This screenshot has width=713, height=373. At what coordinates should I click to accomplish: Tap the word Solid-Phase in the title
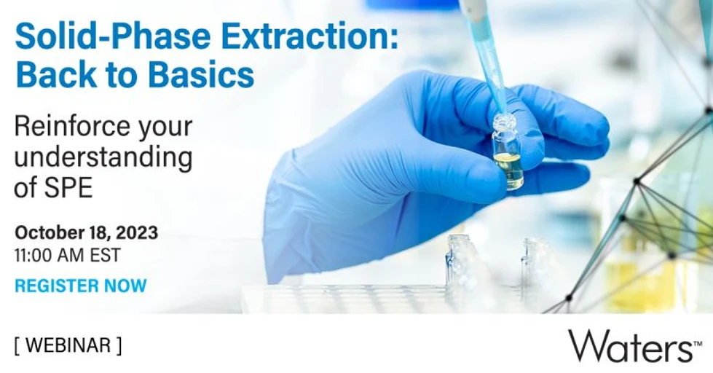coord(108,36)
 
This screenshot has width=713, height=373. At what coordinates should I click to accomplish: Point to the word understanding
coord(103,157)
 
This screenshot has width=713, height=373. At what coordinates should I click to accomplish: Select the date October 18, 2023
coord(86,234)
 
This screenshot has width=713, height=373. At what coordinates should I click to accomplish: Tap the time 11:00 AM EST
coord(67,256)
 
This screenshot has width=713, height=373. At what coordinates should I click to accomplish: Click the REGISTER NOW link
coord(80,286)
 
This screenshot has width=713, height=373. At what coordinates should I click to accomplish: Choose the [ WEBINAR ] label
coord(68,345)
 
